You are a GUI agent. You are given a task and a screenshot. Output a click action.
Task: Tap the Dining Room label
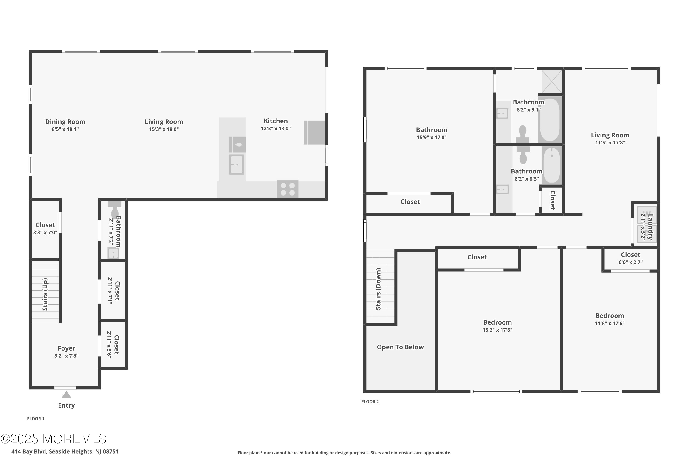[65, 122]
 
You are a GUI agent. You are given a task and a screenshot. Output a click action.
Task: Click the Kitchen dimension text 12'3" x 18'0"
[276, 129]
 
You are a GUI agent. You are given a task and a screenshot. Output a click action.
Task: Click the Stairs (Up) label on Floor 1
[45, 294]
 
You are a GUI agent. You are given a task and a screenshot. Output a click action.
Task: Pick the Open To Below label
[400, 347]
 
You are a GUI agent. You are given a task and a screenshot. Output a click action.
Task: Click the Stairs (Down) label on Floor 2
[378, 289]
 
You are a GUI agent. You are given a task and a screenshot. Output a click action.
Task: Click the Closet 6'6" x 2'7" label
[630, 258]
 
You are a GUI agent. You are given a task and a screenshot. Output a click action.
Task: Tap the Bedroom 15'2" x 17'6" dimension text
[497, 330]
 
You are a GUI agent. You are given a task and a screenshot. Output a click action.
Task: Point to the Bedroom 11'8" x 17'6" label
[610, 319]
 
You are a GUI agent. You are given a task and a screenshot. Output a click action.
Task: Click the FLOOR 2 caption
[370, 402]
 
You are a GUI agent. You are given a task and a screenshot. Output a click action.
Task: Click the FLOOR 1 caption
[36, 419]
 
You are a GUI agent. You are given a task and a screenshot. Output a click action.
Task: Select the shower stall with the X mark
[552, 82]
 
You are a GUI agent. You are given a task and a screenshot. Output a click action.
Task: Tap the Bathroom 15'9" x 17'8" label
[432, 133]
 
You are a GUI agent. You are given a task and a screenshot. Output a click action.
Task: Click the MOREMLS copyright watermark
[53, 439]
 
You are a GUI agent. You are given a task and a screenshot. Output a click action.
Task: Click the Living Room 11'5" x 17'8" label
[610, 139]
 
